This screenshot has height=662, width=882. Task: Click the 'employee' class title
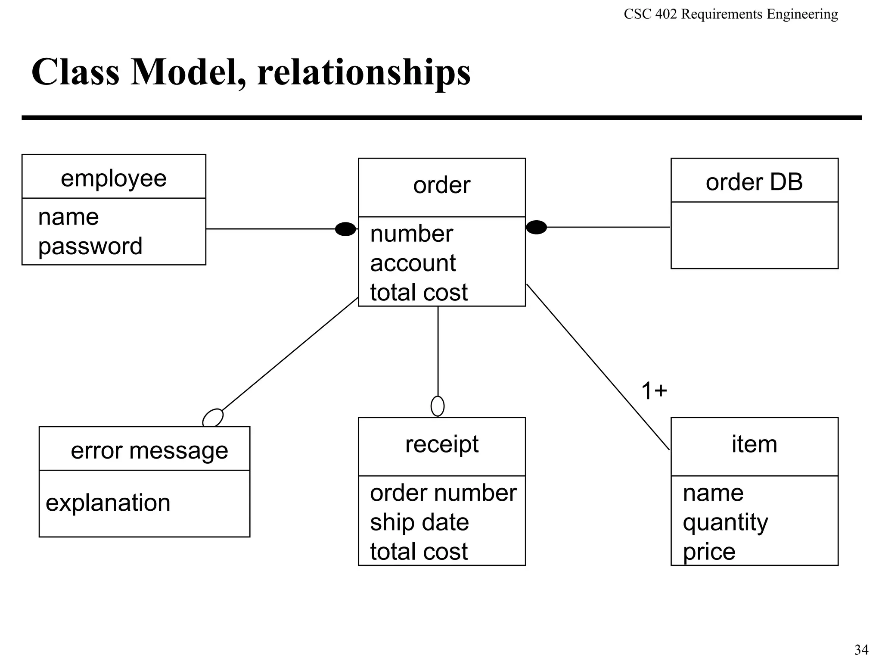113,178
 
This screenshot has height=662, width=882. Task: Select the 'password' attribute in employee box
90,246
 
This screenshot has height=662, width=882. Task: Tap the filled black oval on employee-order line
345,229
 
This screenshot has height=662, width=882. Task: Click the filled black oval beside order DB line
536,227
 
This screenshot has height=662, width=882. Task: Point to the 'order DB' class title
754,182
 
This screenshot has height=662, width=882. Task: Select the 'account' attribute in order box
413,263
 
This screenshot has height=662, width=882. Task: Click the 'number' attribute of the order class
411,234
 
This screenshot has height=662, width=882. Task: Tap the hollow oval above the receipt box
438,406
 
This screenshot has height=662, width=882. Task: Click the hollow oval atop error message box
213,418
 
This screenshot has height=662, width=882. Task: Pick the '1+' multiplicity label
654,391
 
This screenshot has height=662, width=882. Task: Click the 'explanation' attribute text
108,503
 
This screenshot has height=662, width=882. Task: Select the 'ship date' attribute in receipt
419,522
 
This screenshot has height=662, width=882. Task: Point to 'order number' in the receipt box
443,493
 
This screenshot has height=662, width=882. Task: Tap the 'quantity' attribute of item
725,522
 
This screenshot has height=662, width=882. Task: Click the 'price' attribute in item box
709,552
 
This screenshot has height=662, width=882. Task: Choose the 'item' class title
754,444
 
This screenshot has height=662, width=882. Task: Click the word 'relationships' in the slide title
364,72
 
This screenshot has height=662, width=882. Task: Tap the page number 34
861,649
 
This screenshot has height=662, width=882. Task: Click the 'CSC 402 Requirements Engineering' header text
730,14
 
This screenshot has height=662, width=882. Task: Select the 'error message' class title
149,451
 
